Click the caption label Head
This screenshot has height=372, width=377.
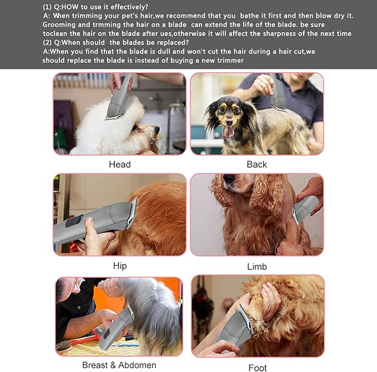119,164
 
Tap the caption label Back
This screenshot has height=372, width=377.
257,164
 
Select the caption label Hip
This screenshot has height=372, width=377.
119,266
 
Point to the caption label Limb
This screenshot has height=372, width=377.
257,267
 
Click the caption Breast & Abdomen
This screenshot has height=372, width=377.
119,365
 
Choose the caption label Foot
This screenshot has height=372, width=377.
257,367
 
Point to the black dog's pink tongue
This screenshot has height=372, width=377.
228,131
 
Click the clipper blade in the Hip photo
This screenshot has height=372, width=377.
132,213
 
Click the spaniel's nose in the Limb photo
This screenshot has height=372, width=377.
228,180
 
